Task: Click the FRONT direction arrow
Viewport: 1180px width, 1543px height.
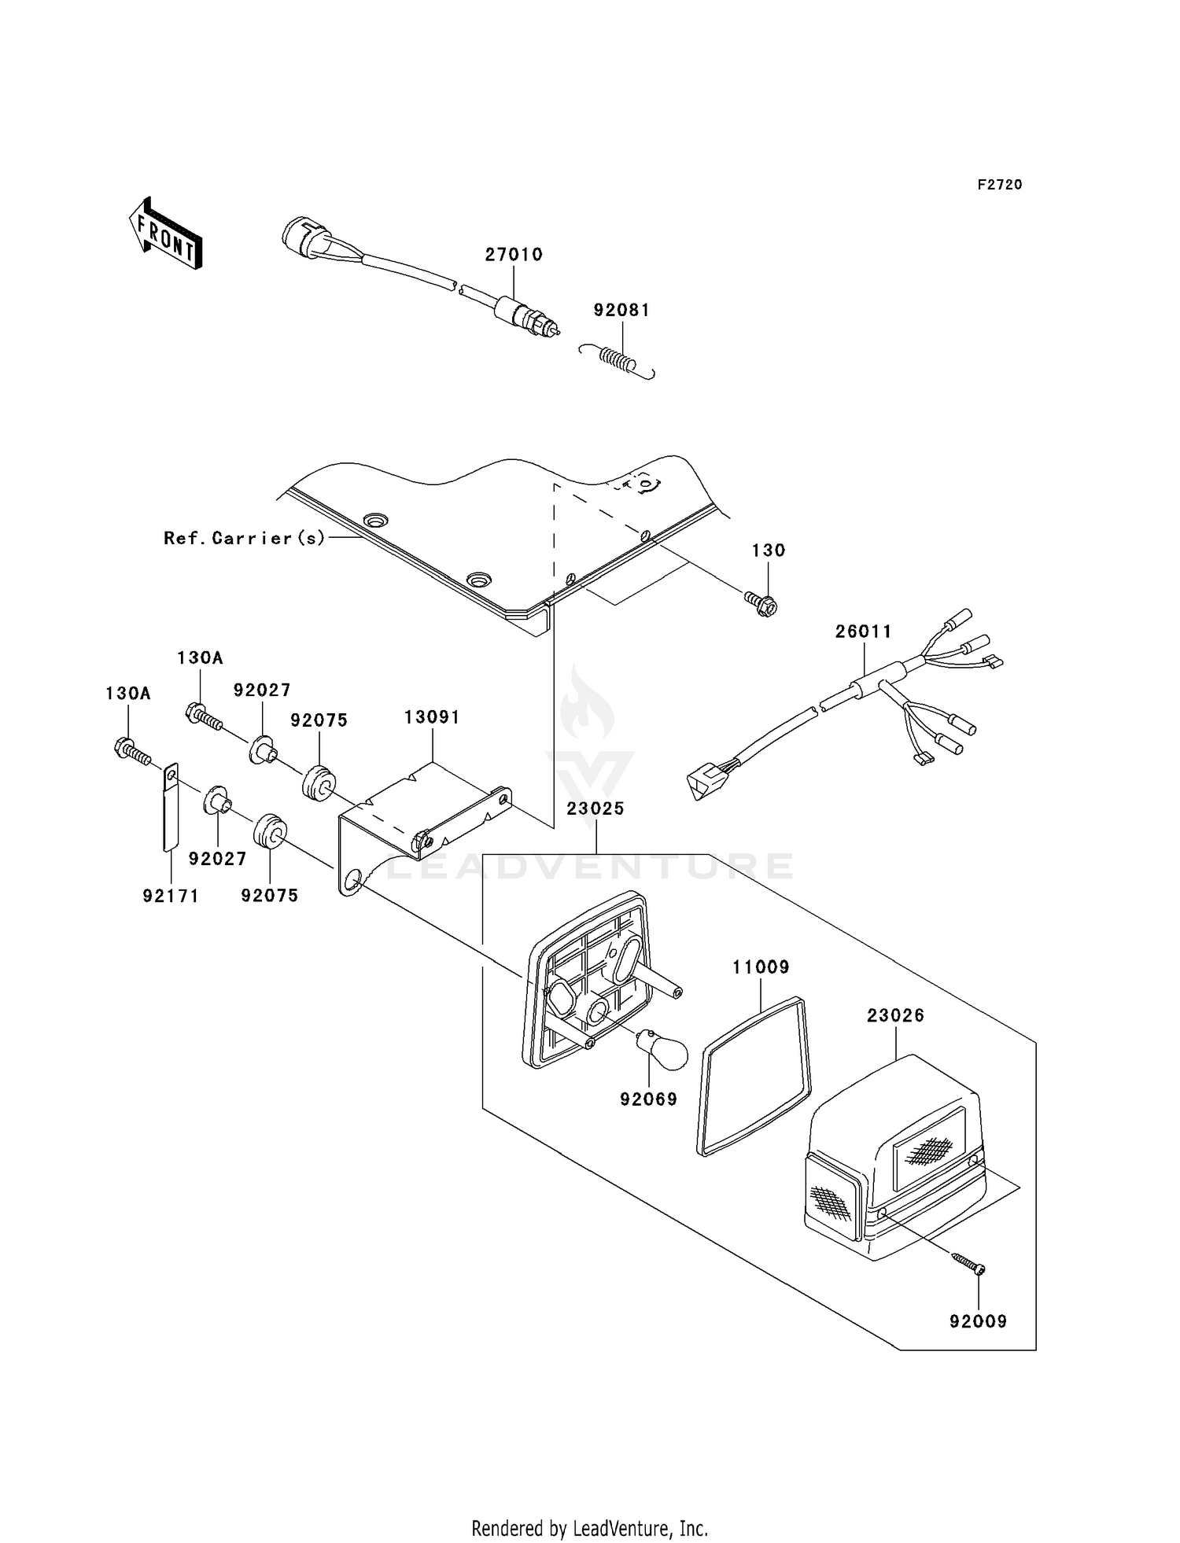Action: pyautogui.click(x=165, y=234)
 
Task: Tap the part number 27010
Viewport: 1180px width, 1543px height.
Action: pyautogui.click(x=514, y=255)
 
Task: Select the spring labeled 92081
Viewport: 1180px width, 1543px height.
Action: pyautogui.click(x=618, y=360)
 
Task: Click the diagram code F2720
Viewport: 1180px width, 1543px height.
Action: pyautogui.click(x=1000, y=185)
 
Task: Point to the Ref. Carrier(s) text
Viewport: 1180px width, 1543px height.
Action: pyautogui.click(x=244, y=539)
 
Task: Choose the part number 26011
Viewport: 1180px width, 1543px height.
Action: pyautogui.click(x=864, y=632)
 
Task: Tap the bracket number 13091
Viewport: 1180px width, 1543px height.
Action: pyautogui.click(x=432, y=717)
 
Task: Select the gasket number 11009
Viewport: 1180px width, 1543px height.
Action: pyautogui.click(x=761, y=967)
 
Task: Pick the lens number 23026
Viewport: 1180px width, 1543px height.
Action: pyautogui.click(x=895, y=1016)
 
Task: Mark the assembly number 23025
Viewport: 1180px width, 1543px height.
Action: pyautogui.click(x=596, y=808)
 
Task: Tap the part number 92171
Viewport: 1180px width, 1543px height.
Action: pyautogui.click(x=171, y=896)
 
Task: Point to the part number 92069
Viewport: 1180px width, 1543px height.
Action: pyautogui.click(x=648, y=1099)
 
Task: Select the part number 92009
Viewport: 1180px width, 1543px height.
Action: pyautogui.click(x=978, y=1321)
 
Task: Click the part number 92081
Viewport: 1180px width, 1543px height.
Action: pyautogui.click(x=621, y=310)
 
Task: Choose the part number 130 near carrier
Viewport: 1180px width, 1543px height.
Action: pyautogui.click(x=769, y=551)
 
